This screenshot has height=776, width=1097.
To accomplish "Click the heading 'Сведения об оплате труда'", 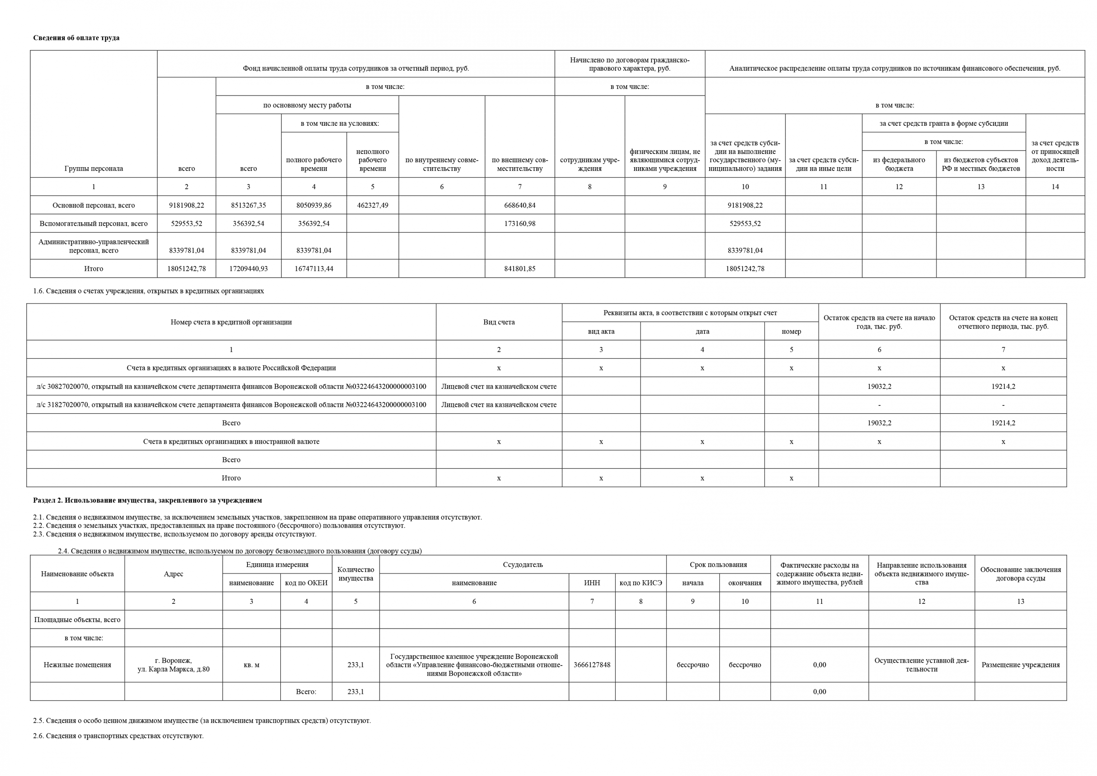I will (x=76, y=38).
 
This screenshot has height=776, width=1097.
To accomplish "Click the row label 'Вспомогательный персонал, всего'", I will (x=93, y=223).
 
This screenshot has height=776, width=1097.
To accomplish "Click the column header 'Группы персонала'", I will (x=93, y=168).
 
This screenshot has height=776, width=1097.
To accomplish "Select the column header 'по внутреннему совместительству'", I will (x=441, y=164).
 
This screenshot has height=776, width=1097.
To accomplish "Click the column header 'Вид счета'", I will (x=499, y=322).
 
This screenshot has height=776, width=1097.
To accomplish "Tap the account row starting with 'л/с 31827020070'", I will (x=231, y=404).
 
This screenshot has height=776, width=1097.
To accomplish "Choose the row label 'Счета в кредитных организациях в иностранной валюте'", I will (x=231, y=441).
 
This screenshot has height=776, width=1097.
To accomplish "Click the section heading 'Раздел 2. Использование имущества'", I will (x=147, y=500).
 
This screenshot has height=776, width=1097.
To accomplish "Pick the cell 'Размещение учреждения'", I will (x=1020, y=665).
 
